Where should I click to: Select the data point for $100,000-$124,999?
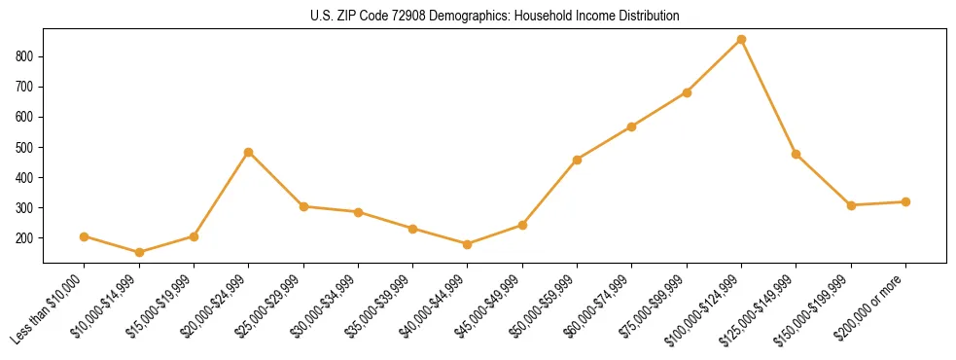click(741, 40)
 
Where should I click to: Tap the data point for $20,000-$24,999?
click(248, 152)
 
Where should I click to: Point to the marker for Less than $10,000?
click(84, 236)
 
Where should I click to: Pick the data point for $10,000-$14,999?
click(139, 252)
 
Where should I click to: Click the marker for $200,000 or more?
click(905, 201)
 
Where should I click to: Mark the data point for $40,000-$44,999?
click(467, 244)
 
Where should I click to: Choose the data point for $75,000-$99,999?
click(687, 92)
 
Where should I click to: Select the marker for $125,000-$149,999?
click(796, 154)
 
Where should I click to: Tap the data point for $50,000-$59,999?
click(577, 160)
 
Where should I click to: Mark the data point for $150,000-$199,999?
click(851, 205)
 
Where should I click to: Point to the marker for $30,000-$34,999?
click(358, 212)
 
